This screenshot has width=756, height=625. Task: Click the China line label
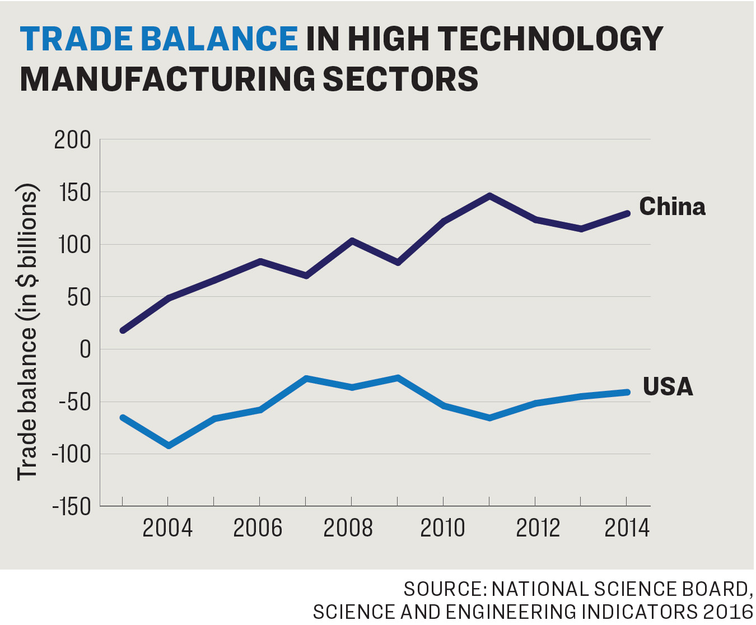[x=672, y=207]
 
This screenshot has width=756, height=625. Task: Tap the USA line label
[x=668, y=387]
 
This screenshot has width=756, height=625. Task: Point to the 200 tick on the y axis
[x=72, y=140]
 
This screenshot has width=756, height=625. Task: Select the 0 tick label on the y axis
[x=85, y=349]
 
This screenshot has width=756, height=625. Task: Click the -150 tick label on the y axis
[x=71, y=507]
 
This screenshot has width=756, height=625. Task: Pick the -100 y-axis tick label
[x=71, y=454]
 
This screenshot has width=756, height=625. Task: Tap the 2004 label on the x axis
[x=167, y=528]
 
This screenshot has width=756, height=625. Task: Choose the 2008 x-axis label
[x=348, y=528]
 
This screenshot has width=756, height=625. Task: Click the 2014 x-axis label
[x=627, y=528]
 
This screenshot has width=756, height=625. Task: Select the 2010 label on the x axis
[x=442, y=528]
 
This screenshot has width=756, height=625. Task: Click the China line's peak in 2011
[x=489, y=196]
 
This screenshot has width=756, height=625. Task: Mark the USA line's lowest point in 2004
[x=169, y=446]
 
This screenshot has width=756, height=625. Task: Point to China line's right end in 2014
[x=627, y=213]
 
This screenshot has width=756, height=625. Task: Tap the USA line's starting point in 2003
[x=123, y=417]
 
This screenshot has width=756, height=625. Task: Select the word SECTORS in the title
[x=401, y=79]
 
